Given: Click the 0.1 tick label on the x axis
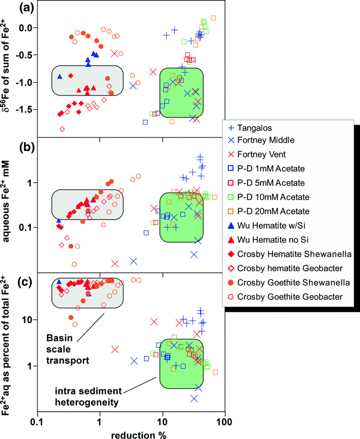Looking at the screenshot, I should pos(37,421).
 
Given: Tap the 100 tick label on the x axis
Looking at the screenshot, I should pos(224,421).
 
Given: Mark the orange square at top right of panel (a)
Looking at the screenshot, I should pos(213,18).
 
